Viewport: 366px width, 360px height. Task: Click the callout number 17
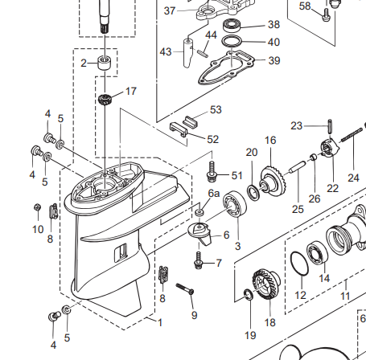(131, 91)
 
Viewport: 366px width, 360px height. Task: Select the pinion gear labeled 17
(105, 100)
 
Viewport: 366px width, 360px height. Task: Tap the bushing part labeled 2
(105, 63)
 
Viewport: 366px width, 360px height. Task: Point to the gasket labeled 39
(226, 67)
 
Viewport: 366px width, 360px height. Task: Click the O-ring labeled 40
(232, 42)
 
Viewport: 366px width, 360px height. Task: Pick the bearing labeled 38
(232, 25)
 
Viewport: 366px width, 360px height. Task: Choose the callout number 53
(216, 110)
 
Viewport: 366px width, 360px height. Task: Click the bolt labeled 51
(212, 171)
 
